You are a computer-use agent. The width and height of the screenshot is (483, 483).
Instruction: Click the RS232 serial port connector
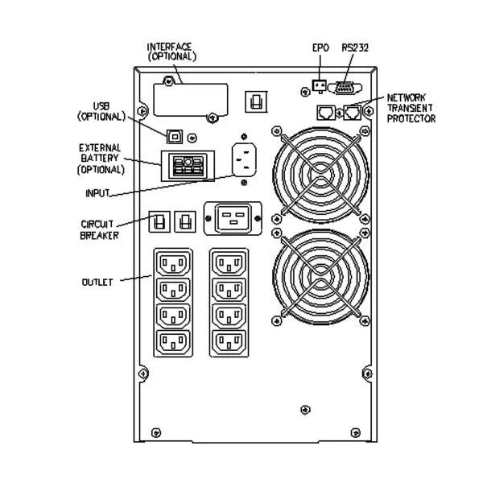[x=345, y=87]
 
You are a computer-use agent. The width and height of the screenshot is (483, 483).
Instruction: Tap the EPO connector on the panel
[x=319, y=86]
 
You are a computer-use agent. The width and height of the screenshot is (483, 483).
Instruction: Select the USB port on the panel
[x=173, y=136]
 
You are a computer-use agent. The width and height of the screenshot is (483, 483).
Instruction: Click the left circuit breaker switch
[x=159, y=219]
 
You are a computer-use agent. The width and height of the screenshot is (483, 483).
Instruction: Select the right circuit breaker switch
[x=185, y=219]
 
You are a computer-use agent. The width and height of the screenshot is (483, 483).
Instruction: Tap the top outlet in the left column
[x=174, y=263]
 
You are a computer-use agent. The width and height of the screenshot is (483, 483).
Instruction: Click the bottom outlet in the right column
[x=229, y=342]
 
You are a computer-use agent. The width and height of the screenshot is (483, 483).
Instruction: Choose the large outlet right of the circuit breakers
[x=234, y=217]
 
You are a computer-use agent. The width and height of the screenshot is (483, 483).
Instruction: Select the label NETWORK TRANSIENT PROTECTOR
[x=411, y=107]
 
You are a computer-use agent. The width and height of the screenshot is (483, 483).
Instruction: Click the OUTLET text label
[x=97, y=282]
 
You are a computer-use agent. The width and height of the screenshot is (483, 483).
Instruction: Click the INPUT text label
[x=97, y=194]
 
